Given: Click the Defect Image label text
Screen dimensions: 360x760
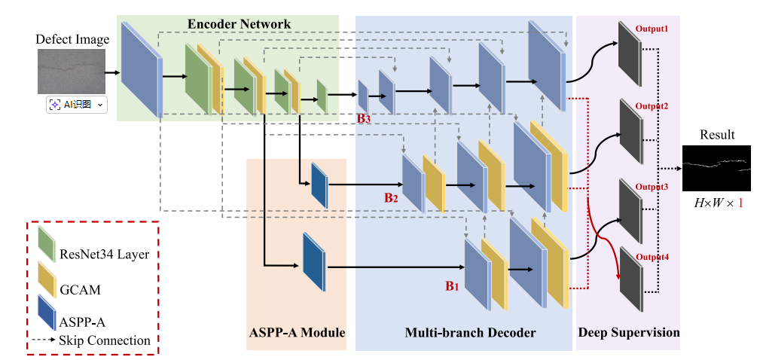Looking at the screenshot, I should click(x=73, y=39).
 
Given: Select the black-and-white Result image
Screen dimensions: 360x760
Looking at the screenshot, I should click(x=716, y=168).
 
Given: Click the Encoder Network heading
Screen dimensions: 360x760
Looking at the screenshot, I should click(x=239, y=24).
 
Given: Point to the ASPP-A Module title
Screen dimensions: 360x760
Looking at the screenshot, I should click(x=297, y=332).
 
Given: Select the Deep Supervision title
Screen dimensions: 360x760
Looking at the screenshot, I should click(x=629, y=332).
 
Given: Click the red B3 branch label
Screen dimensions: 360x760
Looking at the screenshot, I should click(x=364, y=118).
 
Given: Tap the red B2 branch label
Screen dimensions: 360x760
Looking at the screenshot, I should click(x=390, y=198).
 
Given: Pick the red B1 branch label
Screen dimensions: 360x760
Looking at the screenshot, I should click(x=452, y=285).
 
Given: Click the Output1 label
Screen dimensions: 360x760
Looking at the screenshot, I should click(x=652, y=29).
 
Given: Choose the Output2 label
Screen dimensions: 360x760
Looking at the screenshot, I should click(x=652, y=106).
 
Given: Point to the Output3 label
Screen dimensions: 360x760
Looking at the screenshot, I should click(x=652, y=186).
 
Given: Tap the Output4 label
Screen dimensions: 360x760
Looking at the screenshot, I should click(x=652, y=257).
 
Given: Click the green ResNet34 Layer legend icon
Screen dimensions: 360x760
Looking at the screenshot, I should click(x=47, y=243).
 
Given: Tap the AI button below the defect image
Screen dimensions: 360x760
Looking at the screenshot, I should click(x=77, y=104).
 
